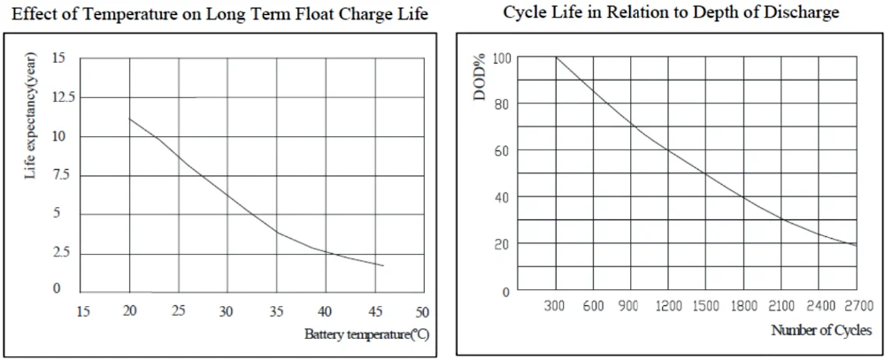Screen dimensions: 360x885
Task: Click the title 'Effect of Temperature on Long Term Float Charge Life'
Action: click(219, 14)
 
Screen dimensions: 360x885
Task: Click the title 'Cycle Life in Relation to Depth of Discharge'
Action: click(671, 12)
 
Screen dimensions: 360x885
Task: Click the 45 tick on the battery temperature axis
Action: click(374, 311)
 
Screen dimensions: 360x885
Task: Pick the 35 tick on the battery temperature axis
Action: click(276, 311)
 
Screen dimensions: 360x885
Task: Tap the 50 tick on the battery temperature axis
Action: click(422, 311)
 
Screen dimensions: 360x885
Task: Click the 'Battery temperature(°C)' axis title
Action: click(366, 334)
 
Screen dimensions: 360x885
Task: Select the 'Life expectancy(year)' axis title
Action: click(31, 116)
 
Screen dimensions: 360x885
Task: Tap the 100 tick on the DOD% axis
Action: click(502, 58)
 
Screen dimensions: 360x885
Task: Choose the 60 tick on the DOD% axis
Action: click(502, 151)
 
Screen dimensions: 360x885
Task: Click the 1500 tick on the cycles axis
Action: click(705, 306)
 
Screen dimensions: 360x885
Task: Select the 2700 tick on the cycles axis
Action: click(856, 306)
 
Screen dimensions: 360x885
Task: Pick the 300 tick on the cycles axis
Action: click(556, 306)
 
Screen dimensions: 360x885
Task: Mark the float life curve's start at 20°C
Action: click(130, 119)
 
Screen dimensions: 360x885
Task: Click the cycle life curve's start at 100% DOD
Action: click(556, 57)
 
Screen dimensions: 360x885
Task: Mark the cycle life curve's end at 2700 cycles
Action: click(856, 245)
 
